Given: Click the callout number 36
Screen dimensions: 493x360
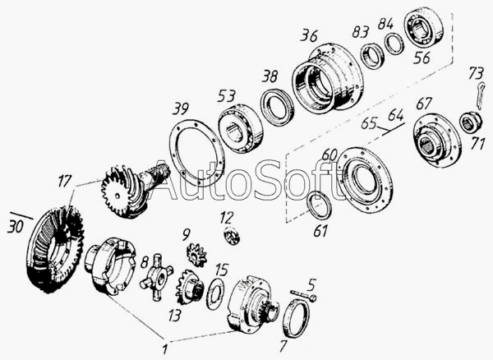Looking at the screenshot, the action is click(309, 35).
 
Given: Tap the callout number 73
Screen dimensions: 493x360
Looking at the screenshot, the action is click(476, 73).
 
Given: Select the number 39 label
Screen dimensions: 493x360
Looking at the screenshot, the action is click(181, 108).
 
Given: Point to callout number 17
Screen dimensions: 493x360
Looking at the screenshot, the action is click(64, 181).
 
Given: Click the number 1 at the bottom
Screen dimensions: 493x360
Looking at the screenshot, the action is click(165, 348).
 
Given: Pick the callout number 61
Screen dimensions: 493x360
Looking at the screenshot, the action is click(320, 231).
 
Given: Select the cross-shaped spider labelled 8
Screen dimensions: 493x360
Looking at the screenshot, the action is click(156, 278).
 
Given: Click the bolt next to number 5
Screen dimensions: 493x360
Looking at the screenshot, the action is click(303, 296).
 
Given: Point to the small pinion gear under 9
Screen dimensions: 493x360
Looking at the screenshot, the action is click(196, 256).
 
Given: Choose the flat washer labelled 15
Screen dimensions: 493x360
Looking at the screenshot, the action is click(215, 294).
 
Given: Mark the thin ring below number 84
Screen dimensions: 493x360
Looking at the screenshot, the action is click(394, 44).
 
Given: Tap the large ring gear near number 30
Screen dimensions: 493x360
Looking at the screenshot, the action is click(55, 249).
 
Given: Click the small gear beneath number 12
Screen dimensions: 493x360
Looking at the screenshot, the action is click(232, 236).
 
